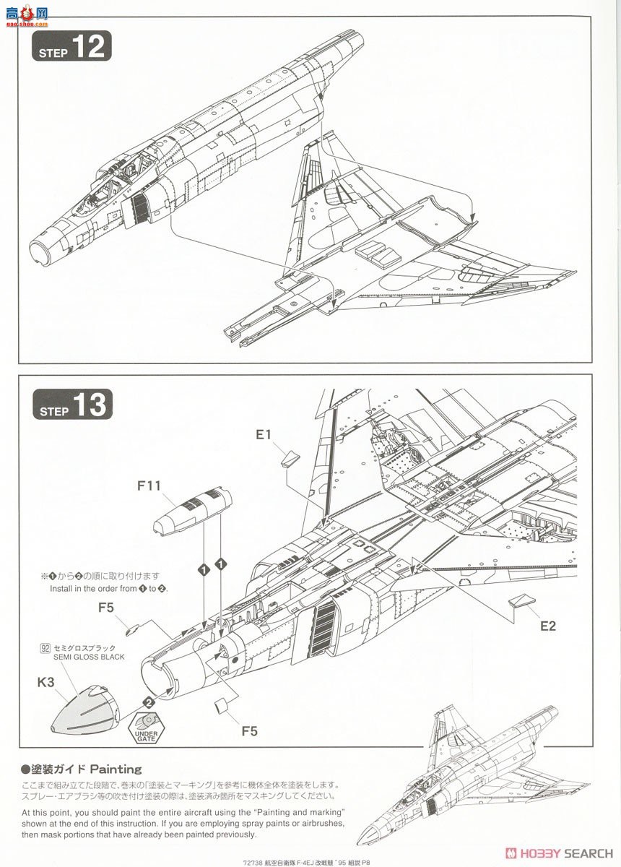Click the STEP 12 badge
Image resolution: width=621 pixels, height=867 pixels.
[71, 46]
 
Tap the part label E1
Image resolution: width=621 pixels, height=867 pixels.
[263, 434]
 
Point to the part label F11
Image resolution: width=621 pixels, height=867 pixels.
[149, 486]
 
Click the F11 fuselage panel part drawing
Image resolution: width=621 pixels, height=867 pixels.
[192, 510]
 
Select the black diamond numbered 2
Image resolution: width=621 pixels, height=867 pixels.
[149, 701]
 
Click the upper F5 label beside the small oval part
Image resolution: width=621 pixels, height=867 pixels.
[106, 608]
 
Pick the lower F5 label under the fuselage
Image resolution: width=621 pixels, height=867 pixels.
[248, 731]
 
